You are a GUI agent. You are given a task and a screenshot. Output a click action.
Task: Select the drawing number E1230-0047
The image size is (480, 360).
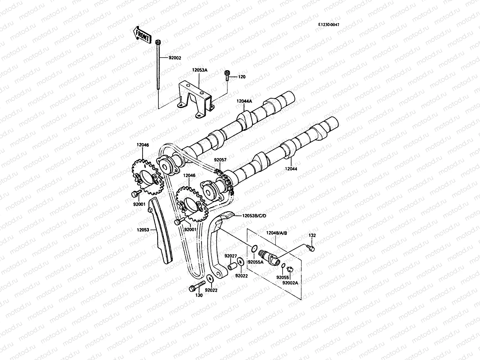329,25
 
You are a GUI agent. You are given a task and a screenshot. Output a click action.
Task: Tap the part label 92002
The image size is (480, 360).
175,58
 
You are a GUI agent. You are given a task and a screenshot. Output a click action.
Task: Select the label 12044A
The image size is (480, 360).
244,101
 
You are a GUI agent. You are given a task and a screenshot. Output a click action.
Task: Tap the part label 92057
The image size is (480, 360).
220,160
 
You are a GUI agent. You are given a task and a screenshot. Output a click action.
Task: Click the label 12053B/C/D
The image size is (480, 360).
255,215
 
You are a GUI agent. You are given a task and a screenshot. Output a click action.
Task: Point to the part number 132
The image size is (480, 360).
312,235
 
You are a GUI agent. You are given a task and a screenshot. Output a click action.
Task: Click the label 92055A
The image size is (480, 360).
255,262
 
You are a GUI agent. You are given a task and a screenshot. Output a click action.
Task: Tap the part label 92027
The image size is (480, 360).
231,256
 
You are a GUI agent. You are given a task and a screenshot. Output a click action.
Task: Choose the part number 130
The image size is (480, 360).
199,295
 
